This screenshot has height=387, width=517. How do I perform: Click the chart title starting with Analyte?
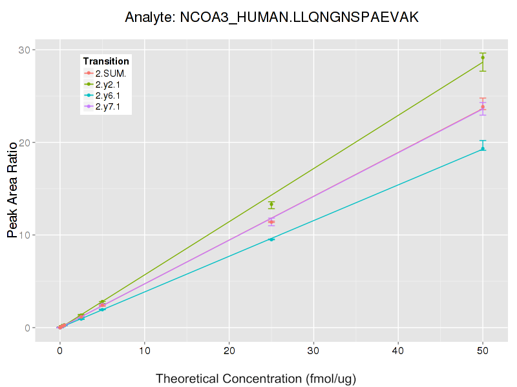[271, 17]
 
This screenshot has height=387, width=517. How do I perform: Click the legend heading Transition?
[106, 61]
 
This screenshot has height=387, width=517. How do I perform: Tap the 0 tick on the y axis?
[28, 328]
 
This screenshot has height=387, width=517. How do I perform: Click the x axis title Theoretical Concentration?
[256, 379]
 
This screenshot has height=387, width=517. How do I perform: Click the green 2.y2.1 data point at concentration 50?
[483, 57]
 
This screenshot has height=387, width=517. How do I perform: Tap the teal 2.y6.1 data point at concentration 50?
[483, 149]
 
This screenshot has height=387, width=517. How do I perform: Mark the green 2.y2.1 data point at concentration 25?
[271, 204]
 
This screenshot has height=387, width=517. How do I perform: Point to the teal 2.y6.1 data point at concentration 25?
[271, 239]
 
